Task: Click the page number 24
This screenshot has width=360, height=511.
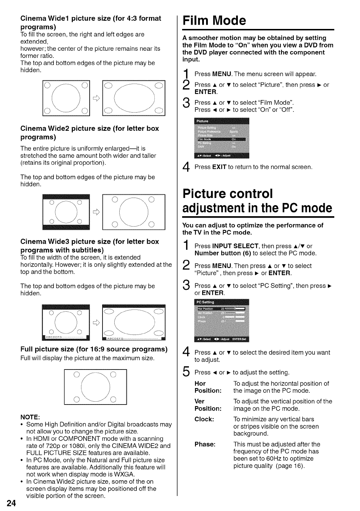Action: tap(11, 503)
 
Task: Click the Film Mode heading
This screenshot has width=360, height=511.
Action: tap(214, 20)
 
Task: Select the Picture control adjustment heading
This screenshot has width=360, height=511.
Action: tap(257, 200)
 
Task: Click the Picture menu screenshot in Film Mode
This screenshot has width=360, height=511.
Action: tap(222, 138)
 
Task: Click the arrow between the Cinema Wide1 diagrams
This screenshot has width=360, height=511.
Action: tap(96, 99)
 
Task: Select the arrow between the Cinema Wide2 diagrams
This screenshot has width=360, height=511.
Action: tap(96, 212)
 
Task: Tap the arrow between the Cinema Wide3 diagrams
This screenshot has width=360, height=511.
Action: tap(96, 323)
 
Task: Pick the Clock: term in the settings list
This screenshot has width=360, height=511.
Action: tap(204, 419)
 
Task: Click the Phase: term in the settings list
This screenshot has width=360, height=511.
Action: tap(205, 444)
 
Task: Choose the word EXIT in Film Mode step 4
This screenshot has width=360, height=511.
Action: tap(219, 167)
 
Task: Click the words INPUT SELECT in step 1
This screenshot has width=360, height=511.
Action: tap(235, 246)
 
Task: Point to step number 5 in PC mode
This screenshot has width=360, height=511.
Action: tap(186, 372)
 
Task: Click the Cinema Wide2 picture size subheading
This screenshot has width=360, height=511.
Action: tap(89, 133)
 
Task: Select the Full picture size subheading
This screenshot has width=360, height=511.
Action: tap(94, 349)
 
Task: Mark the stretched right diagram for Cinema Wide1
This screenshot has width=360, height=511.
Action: tap(134, 98)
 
